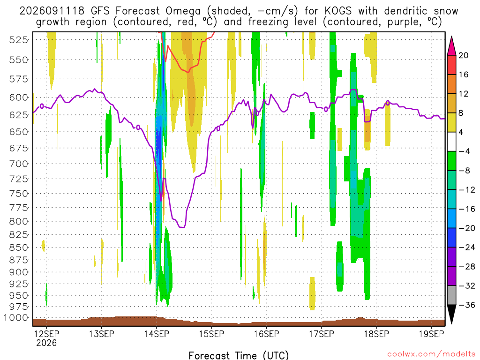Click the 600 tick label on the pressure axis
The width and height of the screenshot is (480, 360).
pyautogui.click(x=19, y=97)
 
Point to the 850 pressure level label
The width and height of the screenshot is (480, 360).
pyautogui.click(x=19, y=247)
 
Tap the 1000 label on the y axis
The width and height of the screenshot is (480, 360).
pyautogui.click(x=16, y=318)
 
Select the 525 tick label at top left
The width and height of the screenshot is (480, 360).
pyautogui.click(x=19, y=40)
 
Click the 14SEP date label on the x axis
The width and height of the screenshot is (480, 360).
pyautogui.click(x=157, y=334)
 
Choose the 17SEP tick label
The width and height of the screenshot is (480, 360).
pyautogui.click(x=322, y=334)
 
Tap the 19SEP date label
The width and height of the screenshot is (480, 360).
pyautogui.click(x=431, y=334)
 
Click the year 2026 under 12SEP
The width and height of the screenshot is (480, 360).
pyautogui.click(x=46, y=343)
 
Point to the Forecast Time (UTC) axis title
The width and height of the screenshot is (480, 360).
pyautogui.click(x=239, y=355)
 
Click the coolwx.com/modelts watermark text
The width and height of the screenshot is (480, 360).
pyautogui.click(x=431, y=354)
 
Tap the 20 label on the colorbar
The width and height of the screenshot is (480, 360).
pyautogui.click(x=463, y=55)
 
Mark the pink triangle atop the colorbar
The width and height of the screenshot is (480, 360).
pyautogui.click(x=451, y=46)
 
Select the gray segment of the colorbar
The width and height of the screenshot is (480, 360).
pyautogui.click(x=451, y=295)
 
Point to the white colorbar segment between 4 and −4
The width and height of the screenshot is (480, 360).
pyautogui.click(x=451, y=142)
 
